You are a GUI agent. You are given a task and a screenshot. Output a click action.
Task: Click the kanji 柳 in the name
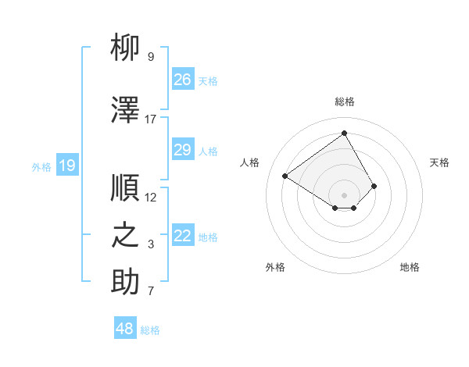coord(125,48)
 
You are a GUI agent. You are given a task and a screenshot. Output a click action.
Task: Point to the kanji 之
coord(125,236)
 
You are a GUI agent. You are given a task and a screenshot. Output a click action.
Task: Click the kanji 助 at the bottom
coord(125,283)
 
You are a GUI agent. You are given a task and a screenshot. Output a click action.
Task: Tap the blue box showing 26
coord(182,80)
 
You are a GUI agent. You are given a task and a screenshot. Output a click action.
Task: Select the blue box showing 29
coord(182,150)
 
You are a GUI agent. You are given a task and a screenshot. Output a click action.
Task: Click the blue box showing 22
coord(182,236)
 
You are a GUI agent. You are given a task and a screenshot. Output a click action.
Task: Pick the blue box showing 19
coord(66,165)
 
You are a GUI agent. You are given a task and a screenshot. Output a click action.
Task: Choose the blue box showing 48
coord(125,329)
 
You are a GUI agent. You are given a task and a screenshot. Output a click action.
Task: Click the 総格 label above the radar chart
coord(344,102)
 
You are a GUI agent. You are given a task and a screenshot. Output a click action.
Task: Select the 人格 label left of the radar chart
coord(250,162)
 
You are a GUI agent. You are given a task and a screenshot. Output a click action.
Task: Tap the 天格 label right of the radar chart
coord(439,162)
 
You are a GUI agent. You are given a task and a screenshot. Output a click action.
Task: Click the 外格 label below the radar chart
coord(275,267)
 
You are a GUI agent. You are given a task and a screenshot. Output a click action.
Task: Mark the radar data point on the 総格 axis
coord(344,133)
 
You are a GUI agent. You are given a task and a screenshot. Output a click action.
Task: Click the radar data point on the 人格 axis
coord(285,176)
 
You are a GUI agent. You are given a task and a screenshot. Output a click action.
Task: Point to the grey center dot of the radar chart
coord(344,194)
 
